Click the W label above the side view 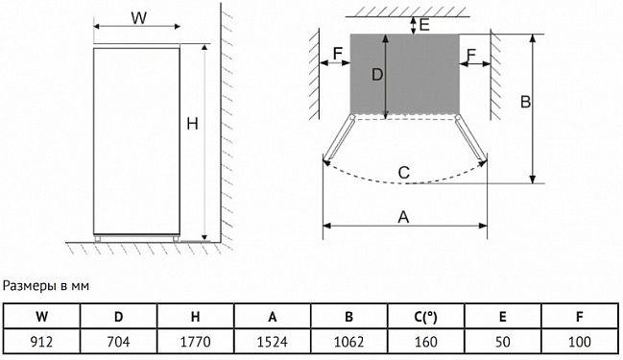tap(138, 18)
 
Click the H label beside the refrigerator tap(192, 125)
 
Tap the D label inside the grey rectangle tap(377, 75)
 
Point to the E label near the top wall tap(424, 25)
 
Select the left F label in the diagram tap(337, 54)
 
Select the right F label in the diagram tap(471, 55)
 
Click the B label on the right tap(525, 102)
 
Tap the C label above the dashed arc tap(404, 173)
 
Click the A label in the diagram tap(403, 217)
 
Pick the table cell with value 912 tap(41, 342)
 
